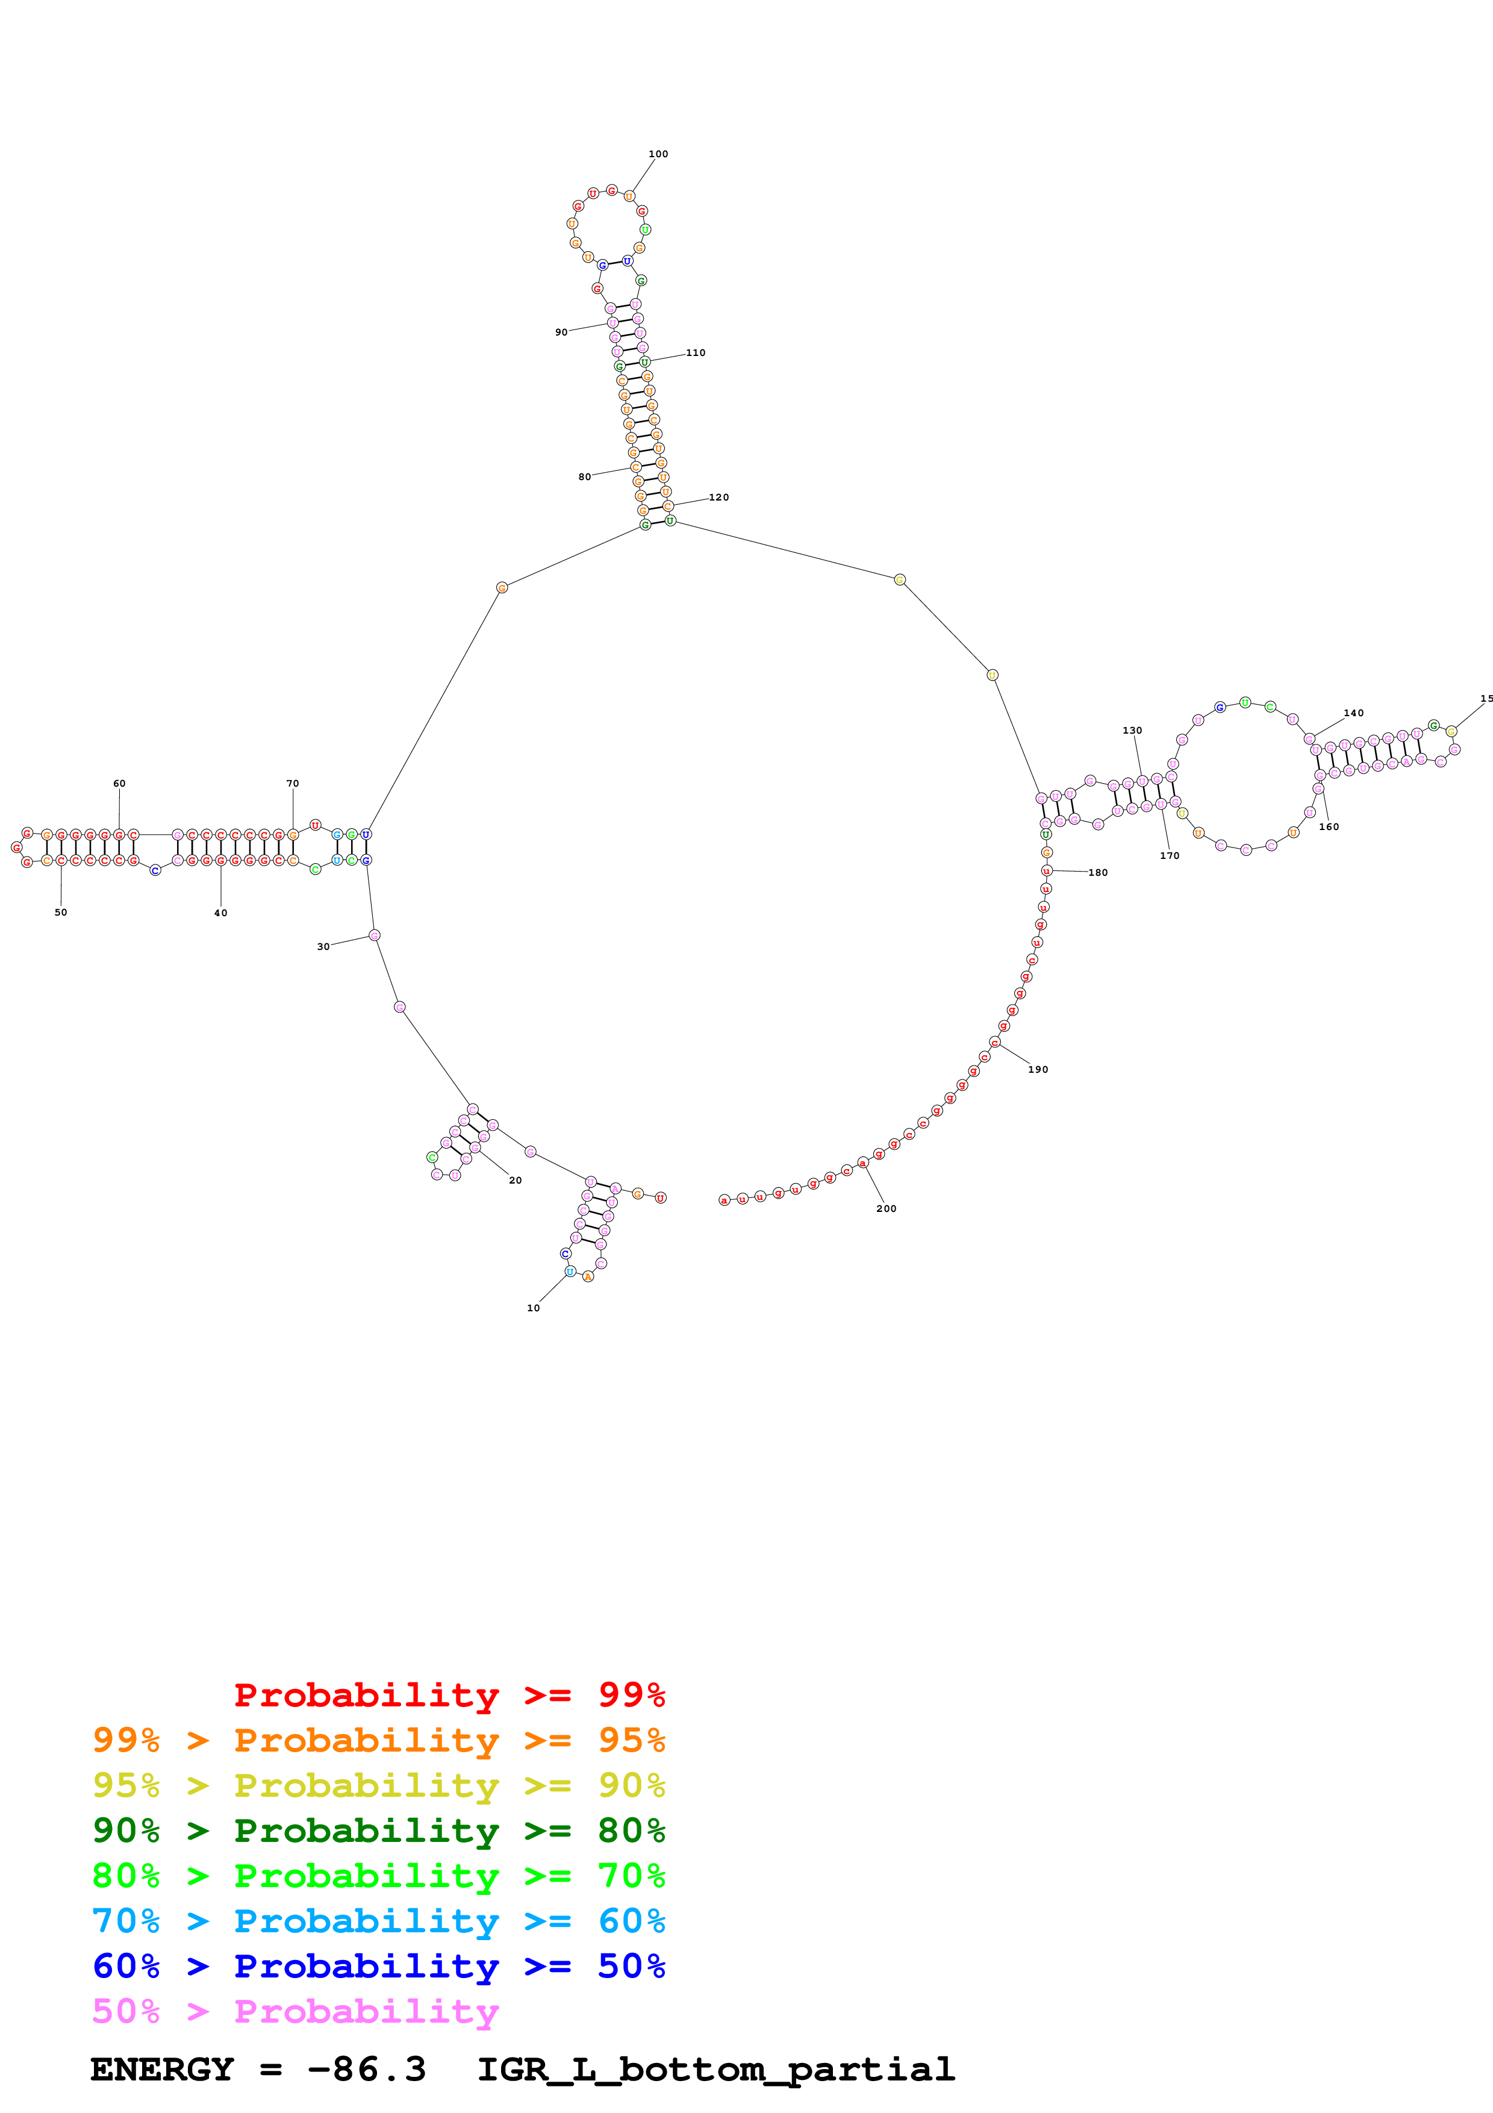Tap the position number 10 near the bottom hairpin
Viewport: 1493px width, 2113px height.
(x=532, y=1308)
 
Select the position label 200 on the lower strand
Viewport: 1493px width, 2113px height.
(x=886, y=1208)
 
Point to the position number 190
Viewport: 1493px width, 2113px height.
(x=1038, y=1069)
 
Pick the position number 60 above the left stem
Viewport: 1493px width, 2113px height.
(x=119, y=783)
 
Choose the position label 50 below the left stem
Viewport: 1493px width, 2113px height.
(x=61, y=912)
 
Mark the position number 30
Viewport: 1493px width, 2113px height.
(x=323, y=946)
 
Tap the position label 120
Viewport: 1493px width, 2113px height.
(x=718, y=497)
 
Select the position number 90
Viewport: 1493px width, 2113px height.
(x=561, y=332)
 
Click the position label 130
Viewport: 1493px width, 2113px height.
(x=1132, y=730)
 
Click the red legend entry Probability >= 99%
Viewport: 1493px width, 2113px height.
(x=449, y=1695)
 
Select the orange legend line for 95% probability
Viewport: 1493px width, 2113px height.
(x=378, y=1740)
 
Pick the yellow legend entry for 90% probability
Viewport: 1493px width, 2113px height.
(x=378, y=1785)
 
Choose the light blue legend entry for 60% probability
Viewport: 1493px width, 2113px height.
(x=378, y=1921)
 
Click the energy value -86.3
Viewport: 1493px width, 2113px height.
(x=366, y=2070)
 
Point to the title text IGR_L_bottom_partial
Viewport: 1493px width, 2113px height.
(x=715, y=2070)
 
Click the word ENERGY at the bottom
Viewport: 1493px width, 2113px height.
(x=162, y=2070)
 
